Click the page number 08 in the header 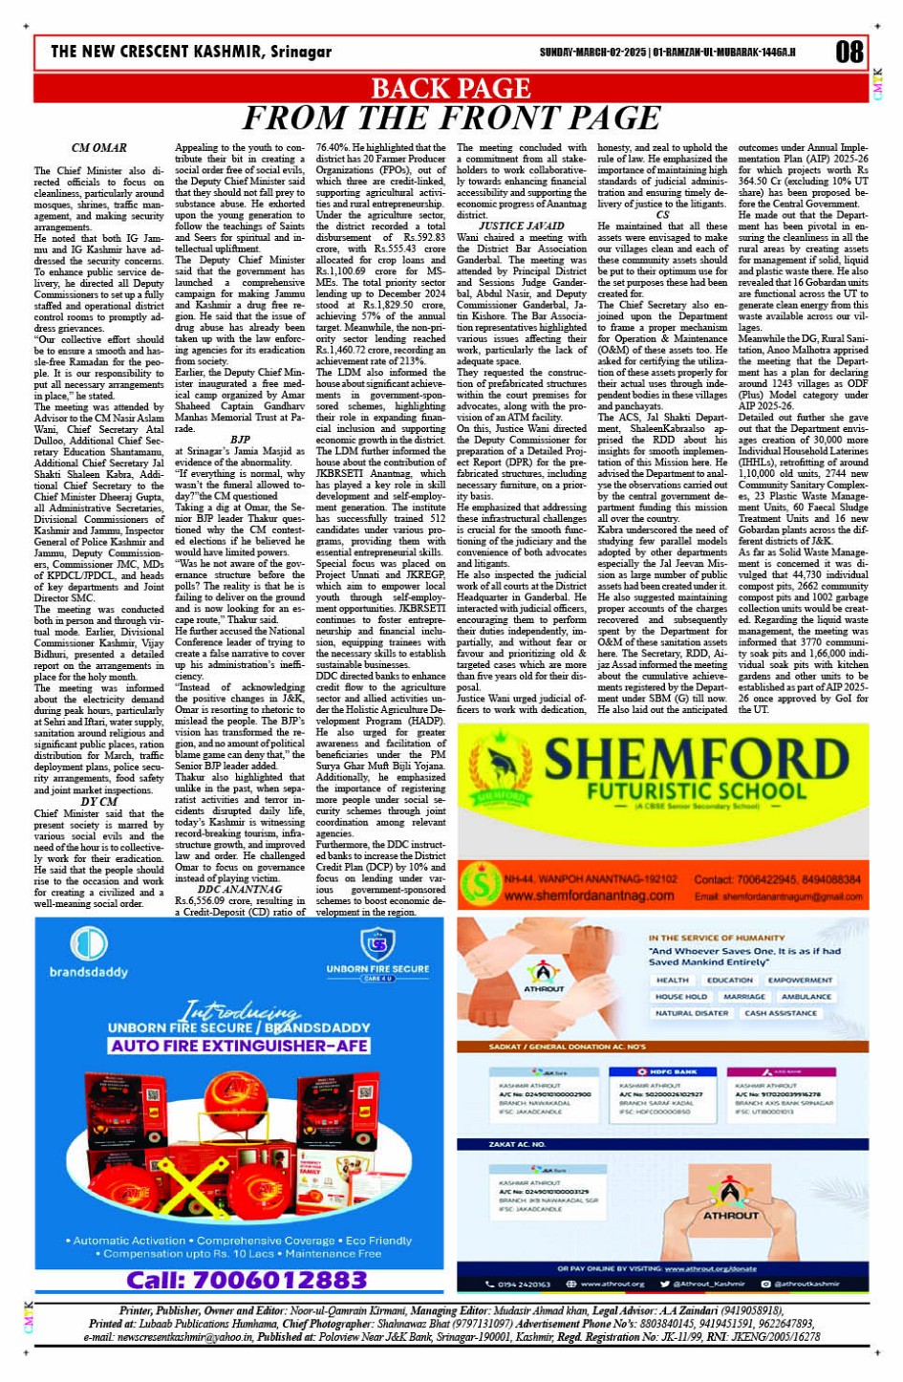click(x=849, y=52)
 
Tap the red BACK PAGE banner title click(x=450, y=88)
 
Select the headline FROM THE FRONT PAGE click(x=451, y=119)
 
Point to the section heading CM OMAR click(x=98, y=148)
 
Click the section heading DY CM click(x=98, y=802)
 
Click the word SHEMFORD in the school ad click(x=696, y=761)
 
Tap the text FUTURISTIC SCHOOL click(x=682, y=792)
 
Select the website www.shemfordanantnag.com click(x=590, y=896)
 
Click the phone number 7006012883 click(x=247, y=1280)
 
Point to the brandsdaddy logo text click(x=89, y=972)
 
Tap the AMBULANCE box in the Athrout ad click(x=806, y=996)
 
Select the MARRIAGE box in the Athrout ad click(x=743, y=996)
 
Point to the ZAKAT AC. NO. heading click(x=517, y=1143)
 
